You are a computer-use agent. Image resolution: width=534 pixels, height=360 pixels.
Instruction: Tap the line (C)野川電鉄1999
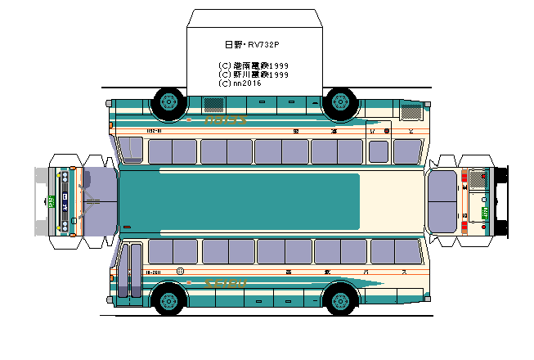(254, 74)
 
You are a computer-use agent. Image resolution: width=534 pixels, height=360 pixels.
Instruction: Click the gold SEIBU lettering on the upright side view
(225, 284)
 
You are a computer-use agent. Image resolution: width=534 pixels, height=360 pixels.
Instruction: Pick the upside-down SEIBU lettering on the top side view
(226, 121)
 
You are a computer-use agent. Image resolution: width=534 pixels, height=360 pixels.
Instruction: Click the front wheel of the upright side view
(169, 299)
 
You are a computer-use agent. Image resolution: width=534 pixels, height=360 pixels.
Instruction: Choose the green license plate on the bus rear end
(485, 214)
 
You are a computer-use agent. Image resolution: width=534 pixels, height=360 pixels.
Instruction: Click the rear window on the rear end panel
(442, 200)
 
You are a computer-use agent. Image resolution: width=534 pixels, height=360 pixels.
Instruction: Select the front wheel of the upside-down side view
(168, 102)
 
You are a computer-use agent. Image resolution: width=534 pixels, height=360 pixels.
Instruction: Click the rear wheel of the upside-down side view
(339, 102)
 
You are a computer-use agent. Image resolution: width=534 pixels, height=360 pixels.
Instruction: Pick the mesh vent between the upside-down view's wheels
(214, 104)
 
